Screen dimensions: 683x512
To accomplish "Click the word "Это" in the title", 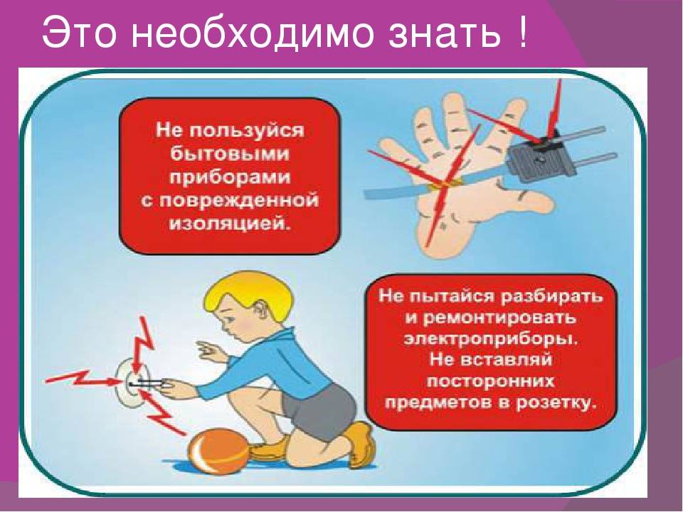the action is point(79,33).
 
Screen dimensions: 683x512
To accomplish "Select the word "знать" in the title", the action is point(445,33).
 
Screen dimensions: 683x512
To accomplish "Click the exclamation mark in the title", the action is point(522,31).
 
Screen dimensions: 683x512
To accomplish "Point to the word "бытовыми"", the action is point(230,154).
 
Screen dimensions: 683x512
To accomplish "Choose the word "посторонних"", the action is point(490,381).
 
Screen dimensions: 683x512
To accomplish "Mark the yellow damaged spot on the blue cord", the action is point(438,186).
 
